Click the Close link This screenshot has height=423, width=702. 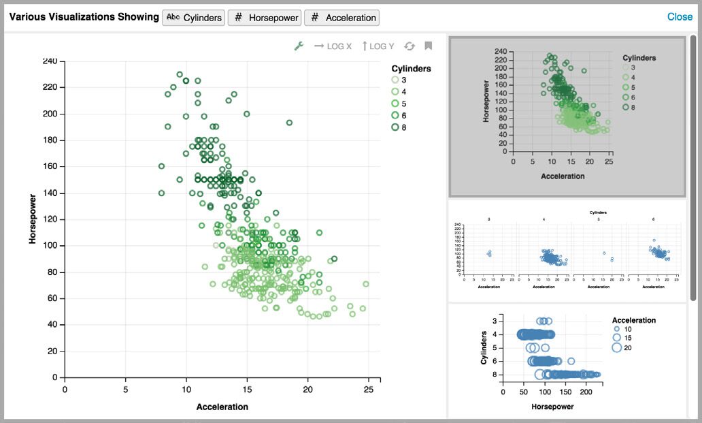click(x=679, y=17)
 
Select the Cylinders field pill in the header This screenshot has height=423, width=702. click(x=194, y=18)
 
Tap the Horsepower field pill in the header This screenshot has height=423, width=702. click(x=264, y=18)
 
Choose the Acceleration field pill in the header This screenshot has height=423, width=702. click(x=341, y=18)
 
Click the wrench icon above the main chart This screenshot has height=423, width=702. click(x=298, y=46)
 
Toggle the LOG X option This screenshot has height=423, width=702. click(x=333, y=46)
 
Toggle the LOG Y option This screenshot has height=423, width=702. click(x=378, y=46)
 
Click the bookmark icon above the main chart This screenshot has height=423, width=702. click(x=429, y=46)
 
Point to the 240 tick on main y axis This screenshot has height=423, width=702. click(x=49, y=61)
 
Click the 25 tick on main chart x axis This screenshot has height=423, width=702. click(x=368, y=390)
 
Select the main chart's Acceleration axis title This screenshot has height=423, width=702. click(x=222, y=407)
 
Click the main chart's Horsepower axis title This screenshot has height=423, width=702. click(x=33, y=219)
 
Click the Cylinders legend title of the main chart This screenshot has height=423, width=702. click(x=411, y=69)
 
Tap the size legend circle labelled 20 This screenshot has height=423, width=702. click(x=617, y=348)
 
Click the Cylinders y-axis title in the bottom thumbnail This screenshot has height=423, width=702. click(x=484, y=347)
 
